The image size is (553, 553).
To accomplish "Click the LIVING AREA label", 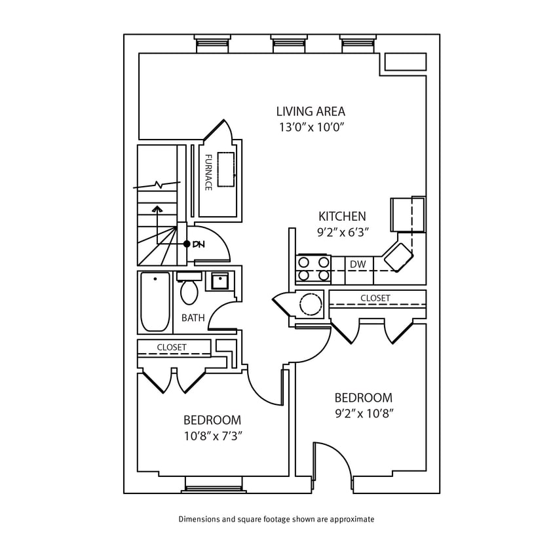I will pyautogui.click(x=310, y=111).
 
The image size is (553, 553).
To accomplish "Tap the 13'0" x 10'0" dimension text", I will pyautogui.click(x=310, y=127).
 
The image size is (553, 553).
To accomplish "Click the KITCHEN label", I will pyautogui.click(x=342, y=216).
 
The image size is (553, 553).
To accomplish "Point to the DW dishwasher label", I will pyautogui.click(x=357, y=264).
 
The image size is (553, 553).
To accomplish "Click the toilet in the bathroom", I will pyautogui.click(x=189, y=289).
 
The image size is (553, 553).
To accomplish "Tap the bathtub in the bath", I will pyautogui.click(x=155, y=302).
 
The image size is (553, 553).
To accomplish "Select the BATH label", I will pyautogui.click(x=193, y=318).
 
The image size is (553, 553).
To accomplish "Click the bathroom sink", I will pyautogui.click(x=219, y=281).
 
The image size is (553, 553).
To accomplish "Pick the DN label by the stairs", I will pyautogui.click(x=199, y=244).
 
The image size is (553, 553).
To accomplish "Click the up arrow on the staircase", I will pyautogui.click(x=157, y=210).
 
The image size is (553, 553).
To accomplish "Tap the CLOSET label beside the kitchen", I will pyautogui.click(x=375, y=298).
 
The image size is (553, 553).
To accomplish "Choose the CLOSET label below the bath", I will pyautogui.click(x=172, y=347).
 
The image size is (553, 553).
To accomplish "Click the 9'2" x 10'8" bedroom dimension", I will pyautogui.click(x=363, y=413).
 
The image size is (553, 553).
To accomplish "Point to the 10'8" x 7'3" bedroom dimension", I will pyautogui.click(x=212, y=435).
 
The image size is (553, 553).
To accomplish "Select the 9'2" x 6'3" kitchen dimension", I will pyautogui.click(x=342, y=232).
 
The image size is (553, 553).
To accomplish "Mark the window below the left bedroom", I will pyautogui.click(x=211, y=484).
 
